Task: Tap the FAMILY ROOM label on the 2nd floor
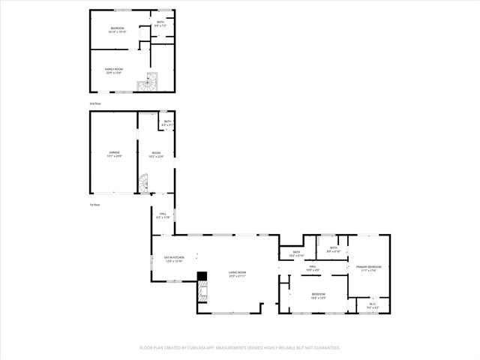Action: [113, 71]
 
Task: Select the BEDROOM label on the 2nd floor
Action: [118, 30]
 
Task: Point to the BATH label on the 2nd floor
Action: [160, 23]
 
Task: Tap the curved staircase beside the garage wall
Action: [143, 181]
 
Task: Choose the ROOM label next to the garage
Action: [156, 154]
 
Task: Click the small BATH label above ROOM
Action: [167, 123]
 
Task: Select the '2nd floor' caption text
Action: [95, 103]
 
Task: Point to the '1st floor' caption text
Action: [95, 205]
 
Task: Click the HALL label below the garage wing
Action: [163, 215]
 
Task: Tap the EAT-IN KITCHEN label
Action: [175, 259]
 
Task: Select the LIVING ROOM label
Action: [237, 274]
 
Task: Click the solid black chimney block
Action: [201, 275]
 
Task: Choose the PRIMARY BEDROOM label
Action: [368, 268]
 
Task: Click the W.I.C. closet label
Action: [373, 305]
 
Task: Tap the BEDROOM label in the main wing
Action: [319, 295]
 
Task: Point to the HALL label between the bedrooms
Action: [313, 268]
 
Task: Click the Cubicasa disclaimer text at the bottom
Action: [240, 348]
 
